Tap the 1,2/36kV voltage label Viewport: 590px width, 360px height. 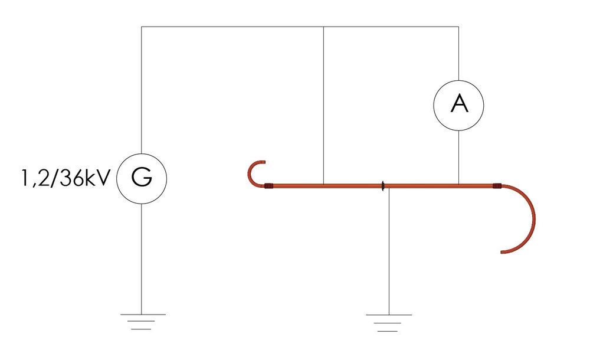click(65, 178)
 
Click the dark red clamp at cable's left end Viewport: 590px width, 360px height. click(268, 186)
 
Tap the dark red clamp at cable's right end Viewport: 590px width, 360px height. click(497, 186)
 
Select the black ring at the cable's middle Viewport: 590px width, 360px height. click(383, 186)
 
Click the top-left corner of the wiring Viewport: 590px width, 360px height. click(142, 27)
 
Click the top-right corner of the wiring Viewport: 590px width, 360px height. click(458, 27)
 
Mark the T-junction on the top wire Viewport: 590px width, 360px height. click(323, 27)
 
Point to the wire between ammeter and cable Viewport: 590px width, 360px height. click(458, 158)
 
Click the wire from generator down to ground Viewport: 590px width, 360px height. click(142, 259)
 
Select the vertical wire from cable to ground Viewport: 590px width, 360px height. click(389, 251)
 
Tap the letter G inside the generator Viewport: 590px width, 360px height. click(142, 178)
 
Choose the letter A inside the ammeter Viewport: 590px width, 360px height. click(460, 104)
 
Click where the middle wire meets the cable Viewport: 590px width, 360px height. click(323, 184)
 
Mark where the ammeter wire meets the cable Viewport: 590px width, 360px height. click(458, 184)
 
